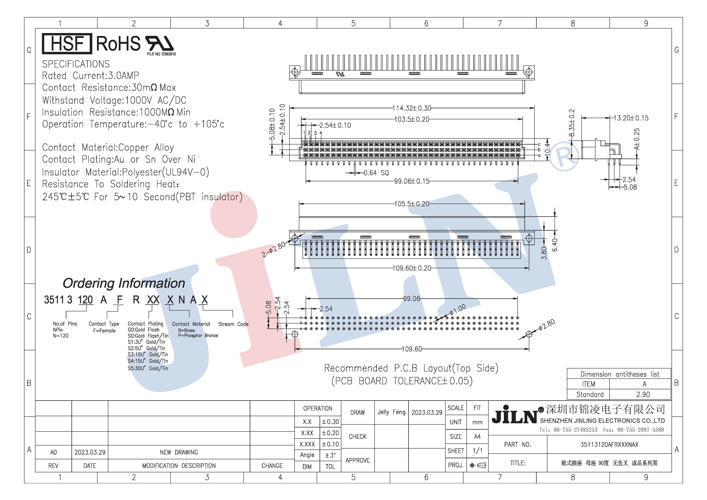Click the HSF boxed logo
(67, 43)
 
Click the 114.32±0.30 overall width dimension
(412, 108)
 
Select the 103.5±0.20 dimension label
(412, 119)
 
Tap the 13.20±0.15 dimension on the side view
(631, 118)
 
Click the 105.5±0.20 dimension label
(412, 204)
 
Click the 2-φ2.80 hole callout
(274, 250)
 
